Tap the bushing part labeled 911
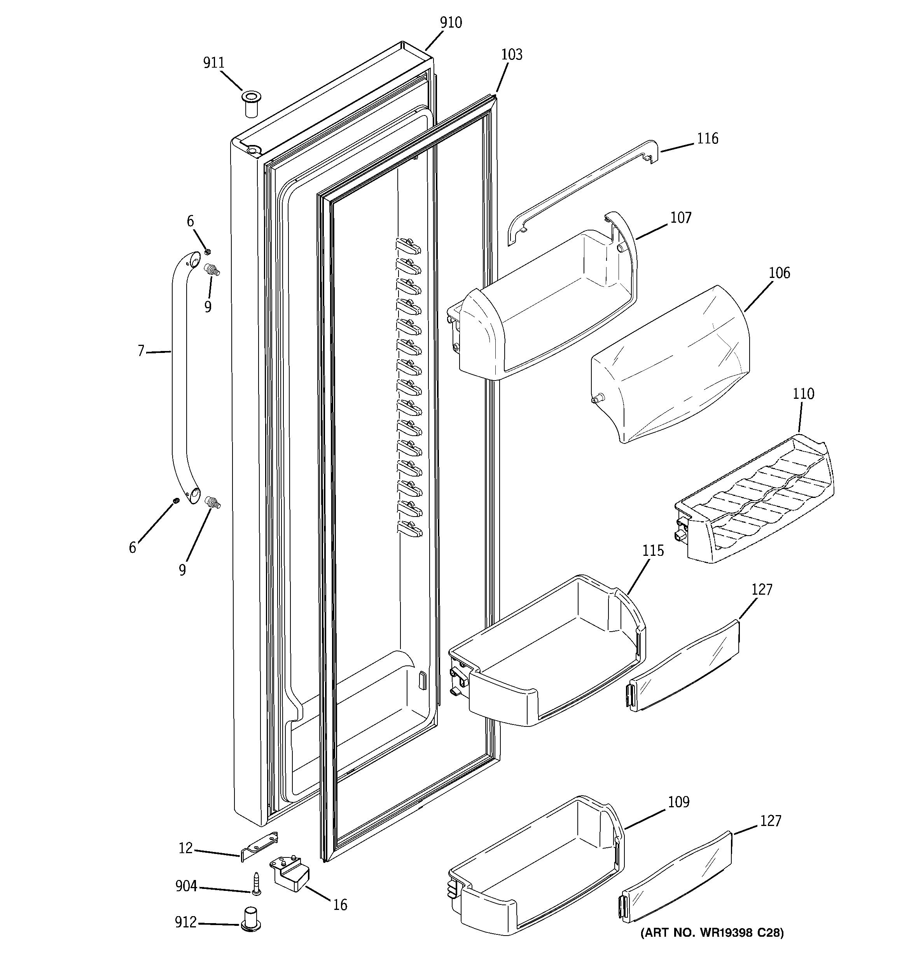pos(250,103)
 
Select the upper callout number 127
pos(762,589)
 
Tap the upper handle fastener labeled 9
pos(212,269)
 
